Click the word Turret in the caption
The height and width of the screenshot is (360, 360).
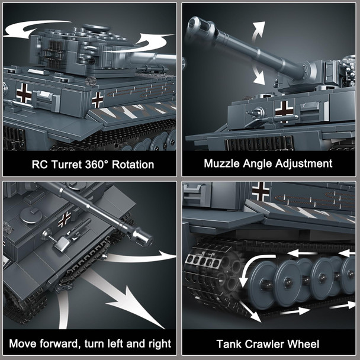coord(63,164)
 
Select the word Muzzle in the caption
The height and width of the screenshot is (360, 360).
coord(224,164)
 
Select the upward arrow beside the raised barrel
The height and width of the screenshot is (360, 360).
coord(257,31)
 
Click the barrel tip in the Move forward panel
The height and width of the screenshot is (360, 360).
coord(143,238)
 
